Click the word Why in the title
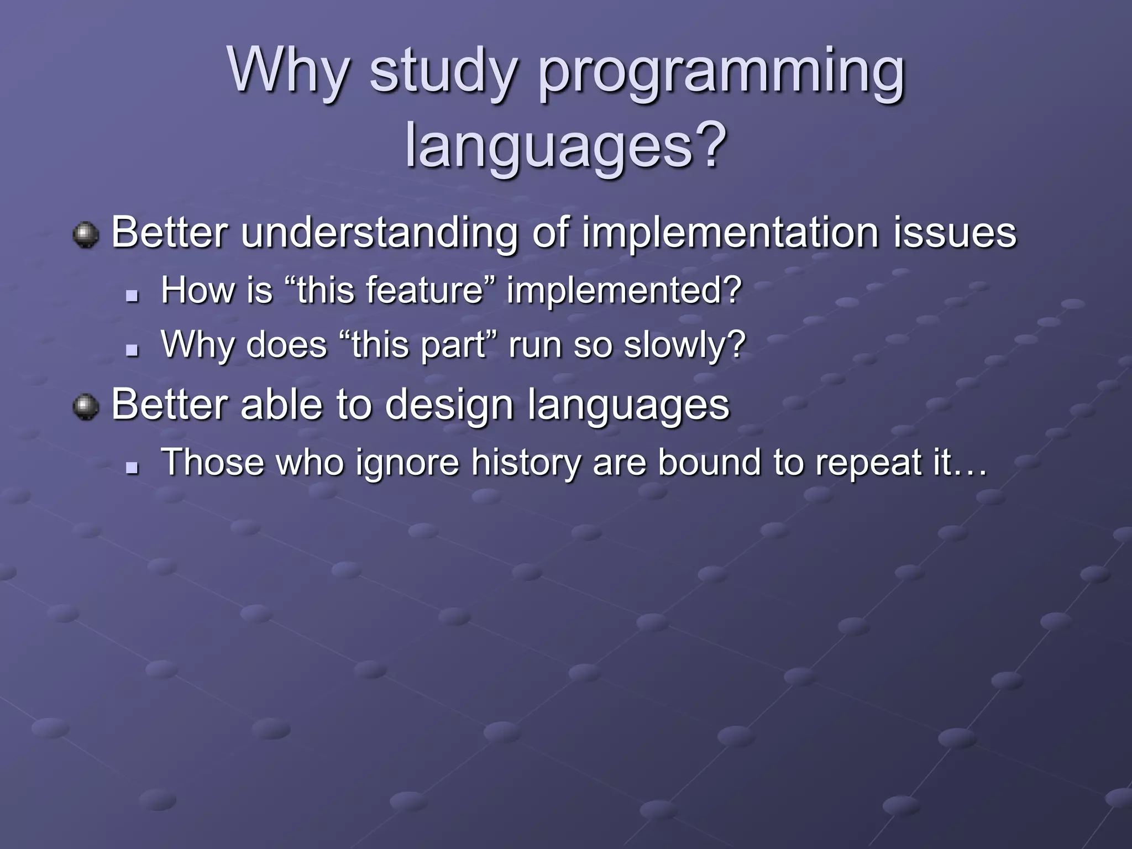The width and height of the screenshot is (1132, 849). tap(289, 71)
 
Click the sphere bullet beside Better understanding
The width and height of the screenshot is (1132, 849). tap(86, 235)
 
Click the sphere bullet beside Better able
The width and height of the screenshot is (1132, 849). tap(86, 407)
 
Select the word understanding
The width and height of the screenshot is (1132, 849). tap(380, 233)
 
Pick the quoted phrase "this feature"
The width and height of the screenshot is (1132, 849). tap(390, 290)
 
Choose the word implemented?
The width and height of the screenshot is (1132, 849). tap(624, 290)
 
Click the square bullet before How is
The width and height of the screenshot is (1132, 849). tap(132, 296)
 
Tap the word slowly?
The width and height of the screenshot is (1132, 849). tap(685, 345)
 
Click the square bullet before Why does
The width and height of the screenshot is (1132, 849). tap(132, 350)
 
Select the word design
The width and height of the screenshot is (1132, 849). tap(449, 405)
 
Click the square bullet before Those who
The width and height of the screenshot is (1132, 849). tap(132, 468)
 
